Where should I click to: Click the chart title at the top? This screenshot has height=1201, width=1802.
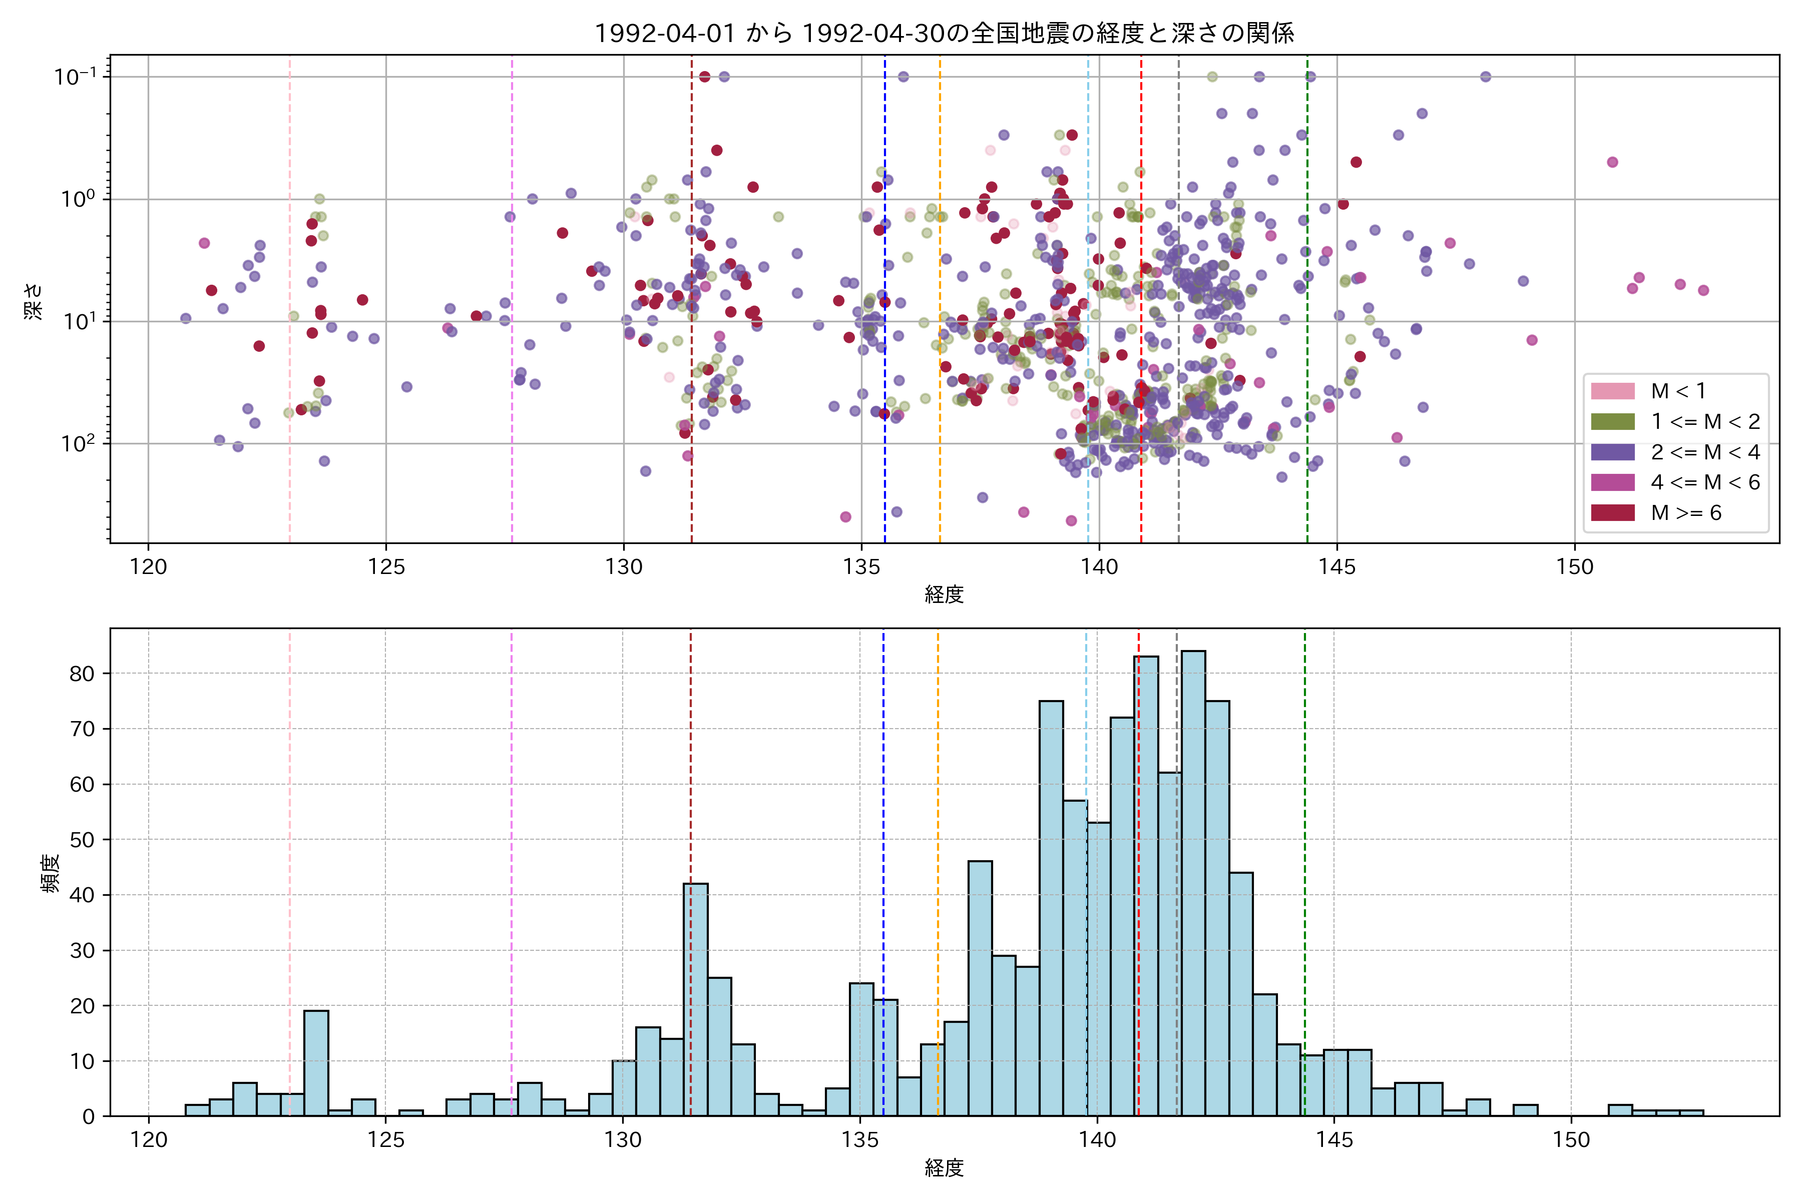point(944,33)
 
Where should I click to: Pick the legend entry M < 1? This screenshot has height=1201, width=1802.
point(1678,391)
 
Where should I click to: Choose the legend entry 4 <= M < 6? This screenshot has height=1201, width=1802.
point(1705,482)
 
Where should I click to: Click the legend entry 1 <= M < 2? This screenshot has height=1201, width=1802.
point(1705,421)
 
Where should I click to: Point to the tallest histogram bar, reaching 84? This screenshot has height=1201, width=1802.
point(1193,881)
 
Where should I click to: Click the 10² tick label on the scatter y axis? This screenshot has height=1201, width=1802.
point(78,443)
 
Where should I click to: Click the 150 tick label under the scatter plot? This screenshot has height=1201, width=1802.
point(1574,567)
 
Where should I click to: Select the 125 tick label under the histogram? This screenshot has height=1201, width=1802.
point(385,1140)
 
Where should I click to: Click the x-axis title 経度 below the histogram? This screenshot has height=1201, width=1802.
point(944,1168)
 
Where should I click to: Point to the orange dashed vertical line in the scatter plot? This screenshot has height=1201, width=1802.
point(940,230)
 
